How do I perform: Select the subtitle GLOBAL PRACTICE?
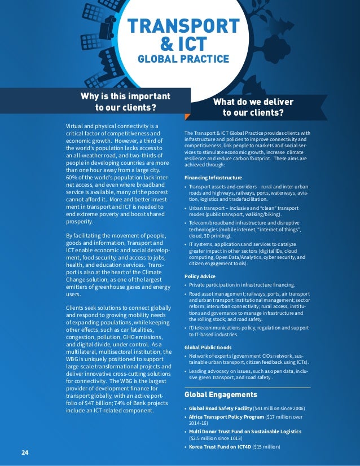184,59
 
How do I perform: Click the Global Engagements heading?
221,394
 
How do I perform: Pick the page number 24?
25,452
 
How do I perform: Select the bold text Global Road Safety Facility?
221,408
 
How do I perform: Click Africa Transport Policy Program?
226,417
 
